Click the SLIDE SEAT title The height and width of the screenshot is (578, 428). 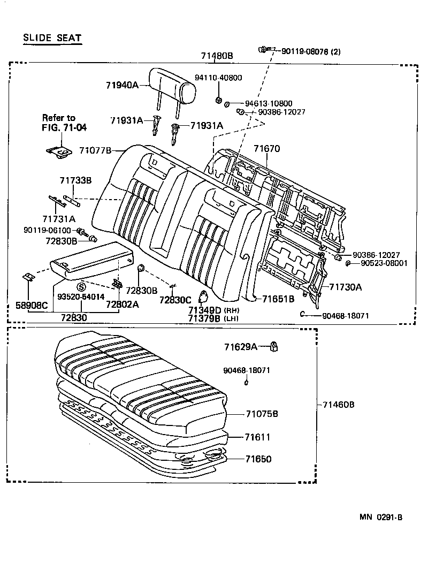pyautogui.click(x=52, y=37)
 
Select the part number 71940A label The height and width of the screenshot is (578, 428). pyautogui.click(x=122, y=85)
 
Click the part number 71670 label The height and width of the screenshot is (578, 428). pyautogui.click(x=266, y=149)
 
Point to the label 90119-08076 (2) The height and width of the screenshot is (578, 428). pyautogui.click(x=311, y=52)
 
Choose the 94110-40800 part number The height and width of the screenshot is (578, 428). pyautogui.click(x=218, y=78)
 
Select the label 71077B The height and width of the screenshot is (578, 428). pyautogui.click(x=95, y=151)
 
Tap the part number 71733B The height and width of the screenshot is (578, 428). pyautogui.click(x=75, y=181)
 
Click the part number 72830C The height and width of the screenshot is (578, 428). pyautogui.click(x=176, y=300)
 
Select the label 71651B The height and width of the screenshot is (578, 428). pyautogui.click(x=278, y=299)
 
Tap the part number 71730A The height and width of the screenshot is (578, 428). pyautogui.click(x=345, y=287)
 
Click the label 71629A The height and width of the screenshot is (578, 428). pyautogui.click(x=241, y=347)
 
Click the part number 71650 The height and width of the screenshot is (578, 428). pyautogui.click(x=258, y=459)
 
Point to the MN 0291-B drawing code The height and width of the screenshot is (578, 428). pyautogui.click(x=381, y=517)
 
